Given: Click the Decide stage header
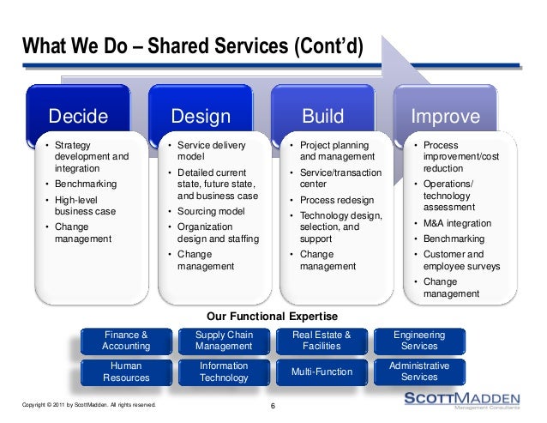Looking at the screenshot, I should pyautogui.click(x=78, y=116).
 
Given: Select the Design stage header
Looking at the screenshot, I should pyautogui.click(x=201, y=116).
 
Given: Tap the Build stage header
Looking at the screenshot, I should pyautogui.click(x=322, y=116).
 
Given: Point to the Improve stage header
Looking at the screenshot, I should pyautogui.click(x=446, y=116).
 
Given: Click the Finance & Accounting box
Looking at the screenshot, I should pyautogui.click(x=126, y=340).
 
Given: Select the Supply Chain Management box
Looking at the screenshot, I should pyautogui.click(x=223, y=340).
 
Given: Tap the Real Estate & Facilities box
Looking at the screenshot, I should pyautogui.click(x=322, y=340).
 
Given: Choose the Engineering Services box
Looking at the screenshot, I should pyautogui.click(x=418, y=340).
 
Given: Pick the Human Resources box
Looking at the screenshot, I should pyautogui.click(x=126, y=372).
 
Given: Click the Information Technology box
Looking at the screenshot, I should pyautogui.click(x=223, y=372).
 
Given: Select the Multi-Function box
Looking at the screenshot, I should pyautogui.click(x=322, y=372).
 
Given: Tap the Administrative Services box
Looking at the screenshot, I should pyautogui.click(x=418, y=372).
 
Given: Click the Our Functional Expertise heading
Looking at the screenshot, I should pyautogui.click(x=273, y=316).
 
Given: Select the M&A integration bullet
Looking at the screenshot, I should pyautogui.click(x=457, y=223).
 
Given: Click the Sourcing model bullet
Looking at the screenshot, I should pyautogui.click(x=207, y=211).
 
